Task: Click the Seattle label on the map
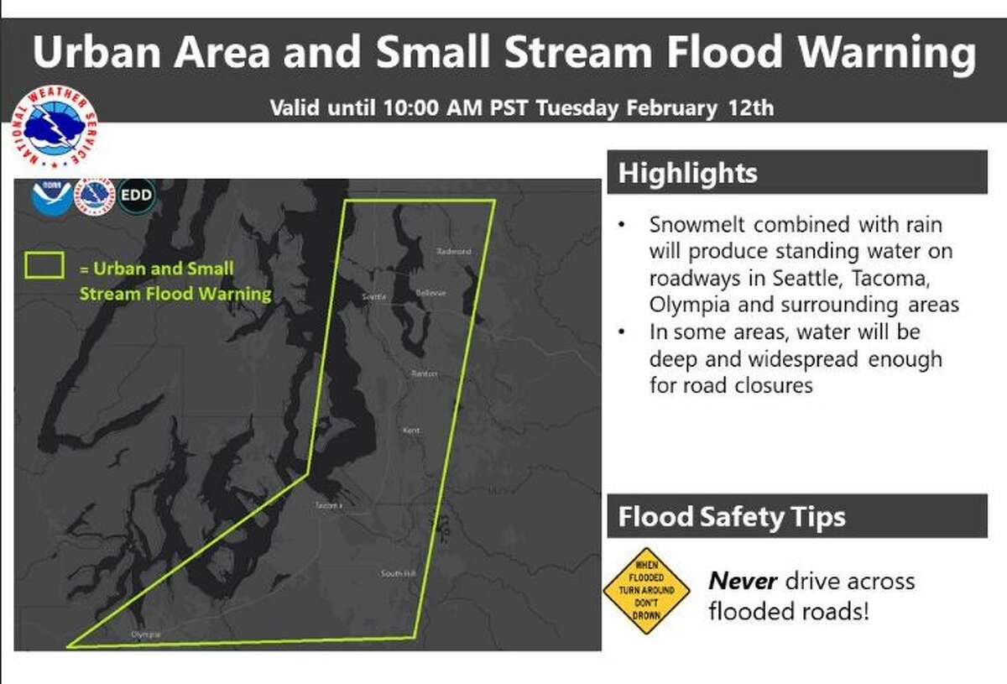[373, 297]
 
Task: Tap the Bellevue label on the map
[430, 293]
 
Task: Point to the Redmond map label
[454, 251]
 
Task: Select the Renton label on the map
[424, 374]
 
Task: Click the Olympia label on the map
[145, 634]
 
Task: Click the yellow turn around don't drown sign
[646, 591]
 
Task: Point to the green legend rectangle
[45, 266]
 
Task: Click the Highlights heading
[688, 174]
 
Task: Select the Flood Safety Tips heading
[732, 517]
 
